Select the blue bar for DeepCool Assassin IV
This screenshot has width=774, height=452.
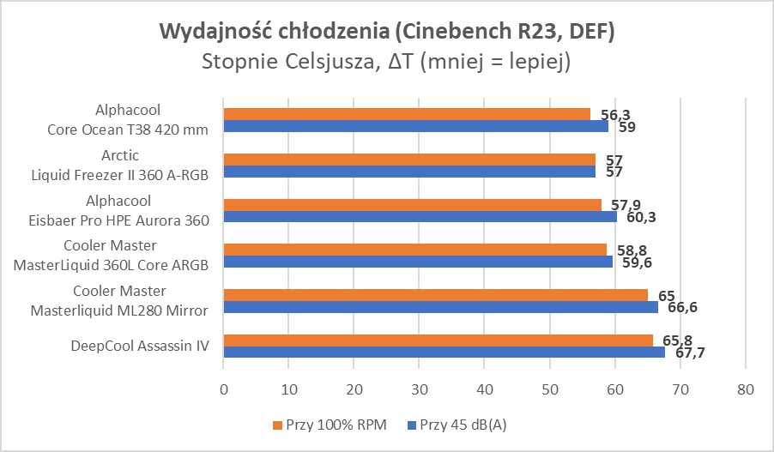(444, 352)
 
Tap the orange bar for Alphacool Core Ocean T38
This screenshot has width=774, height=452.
(407, 114)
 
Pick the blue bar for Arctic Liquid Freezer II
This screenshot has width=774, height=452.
(409, 171)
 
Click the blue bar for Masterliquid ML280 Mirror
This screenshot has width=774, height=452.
(440, 307)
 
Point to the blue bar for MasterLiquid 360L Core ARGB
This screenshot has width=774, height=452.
(418, 262)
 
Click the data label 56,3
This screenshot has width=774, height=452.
(616, 114)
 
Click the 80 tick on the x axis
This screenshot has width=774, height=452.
(745, 389)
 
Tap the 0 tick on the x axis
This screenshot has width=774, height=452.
(223, 389)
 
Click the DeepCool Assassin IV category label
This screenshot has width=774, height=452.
(141, 347)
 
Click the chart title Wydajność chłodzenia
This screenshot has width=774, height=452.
(387, 32)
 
